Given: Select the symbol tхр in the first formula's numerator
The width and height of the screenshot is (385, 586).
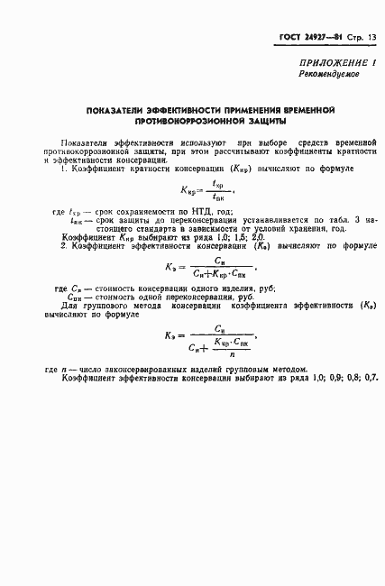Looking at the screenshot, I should pos(216,181).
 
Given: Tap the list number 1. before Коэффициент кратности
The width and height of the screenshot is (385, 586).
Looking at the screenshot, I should pos(63,169).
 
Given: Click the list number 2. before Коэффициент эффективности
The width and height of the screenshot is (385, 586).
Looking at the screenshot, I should pos(63,245).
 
